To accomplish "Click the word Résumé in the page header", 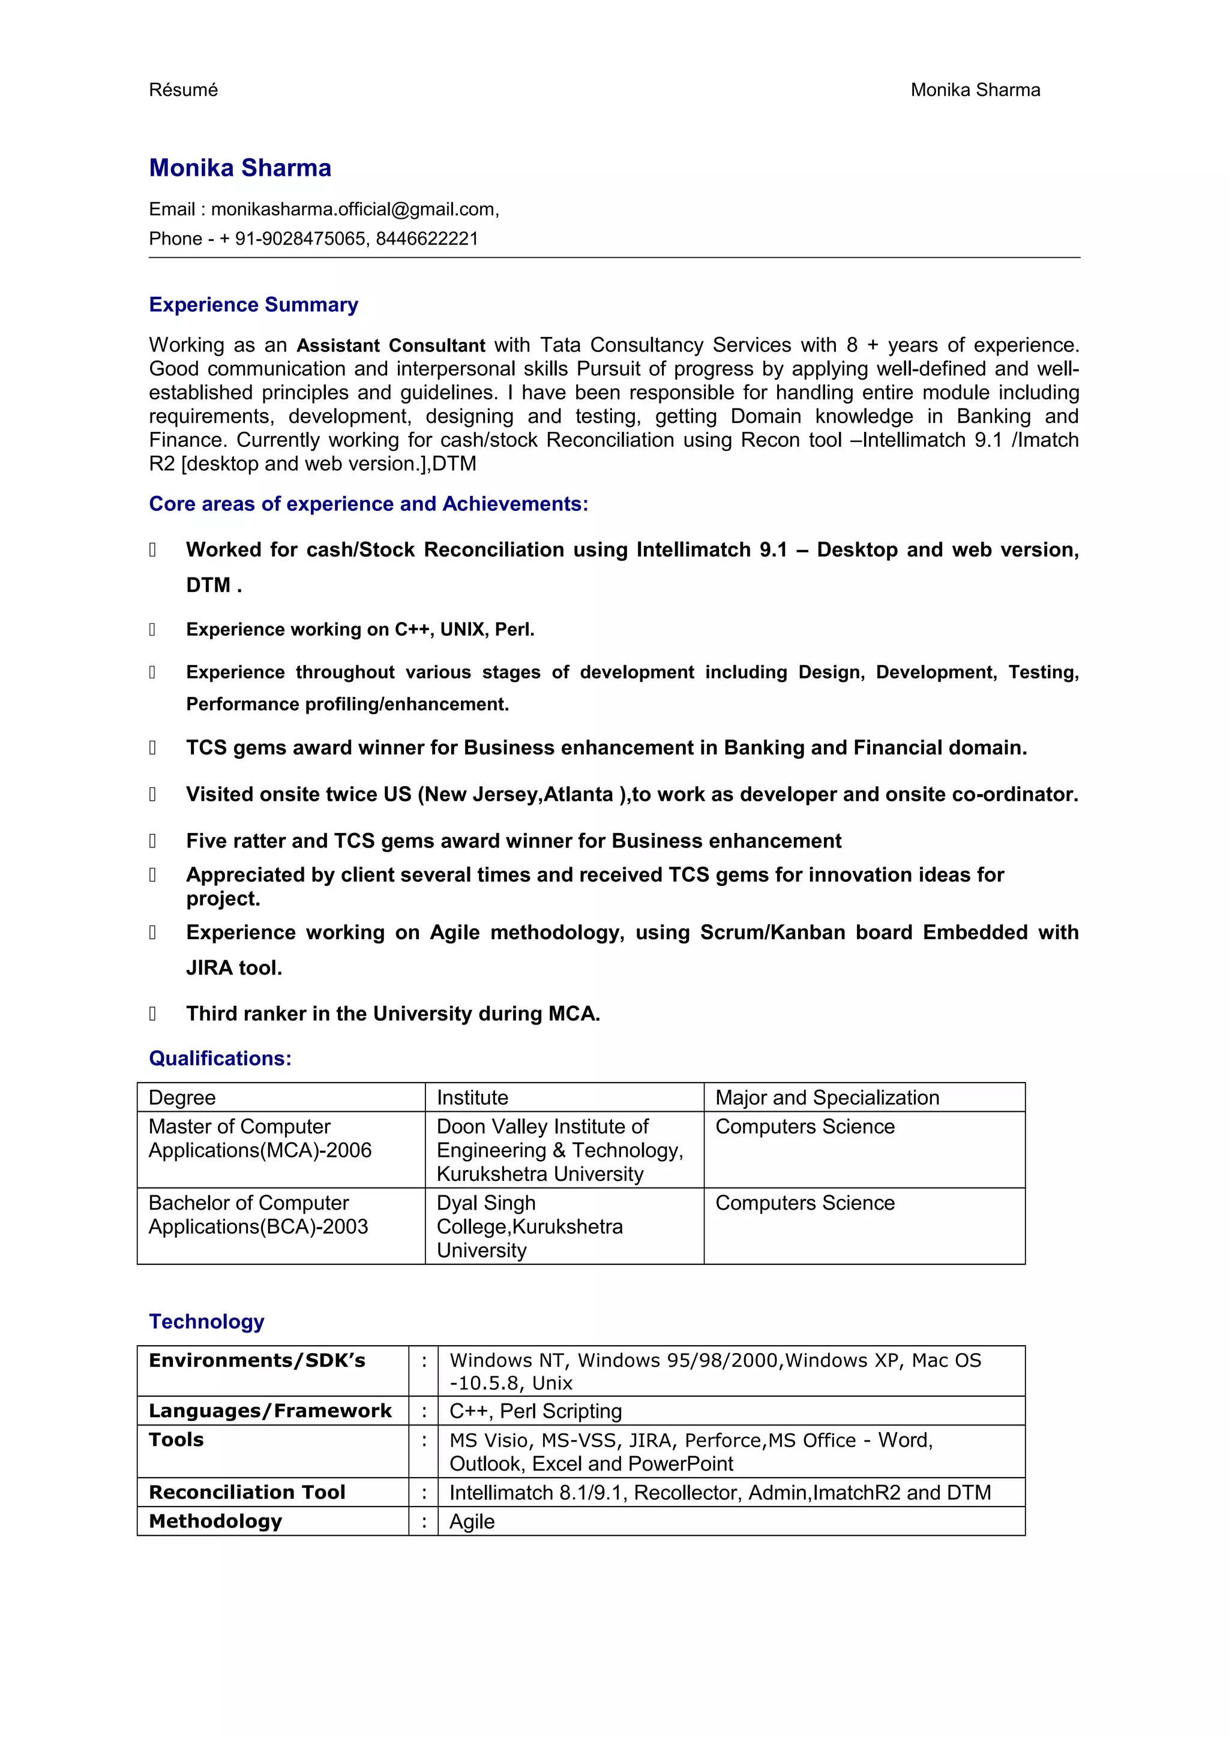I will (x=183, y=90).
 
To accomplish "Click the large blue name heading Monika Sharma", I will (x=240, y=167).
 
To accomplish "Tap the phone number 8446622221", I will (x=427, y=239).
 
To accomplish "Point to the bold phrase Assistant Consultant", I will (x=391, y=345).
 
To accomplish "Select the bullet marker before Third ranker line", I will (x=153, y=1013).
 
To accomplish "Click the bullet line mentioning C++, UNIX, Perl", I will (x=361, y=629).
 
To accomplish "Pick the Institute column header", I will (x=472, y=1097).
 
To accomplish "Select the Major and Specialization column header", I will (x=827, y=1097).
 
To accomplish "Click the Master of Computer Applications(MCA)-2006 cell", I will (x=260, y=1138).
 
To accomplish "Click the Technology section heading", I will (x=206, y=1321).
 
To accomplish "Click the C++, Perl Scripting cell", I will (x=535, y=1411).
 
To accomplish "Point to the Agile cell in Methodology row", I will (x=472, y=1521).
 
